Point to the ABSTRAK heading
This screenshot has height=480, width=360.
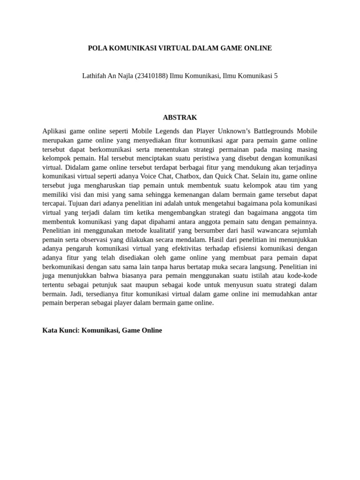180,118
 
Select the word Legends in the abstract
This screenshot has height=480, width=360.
168,131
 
